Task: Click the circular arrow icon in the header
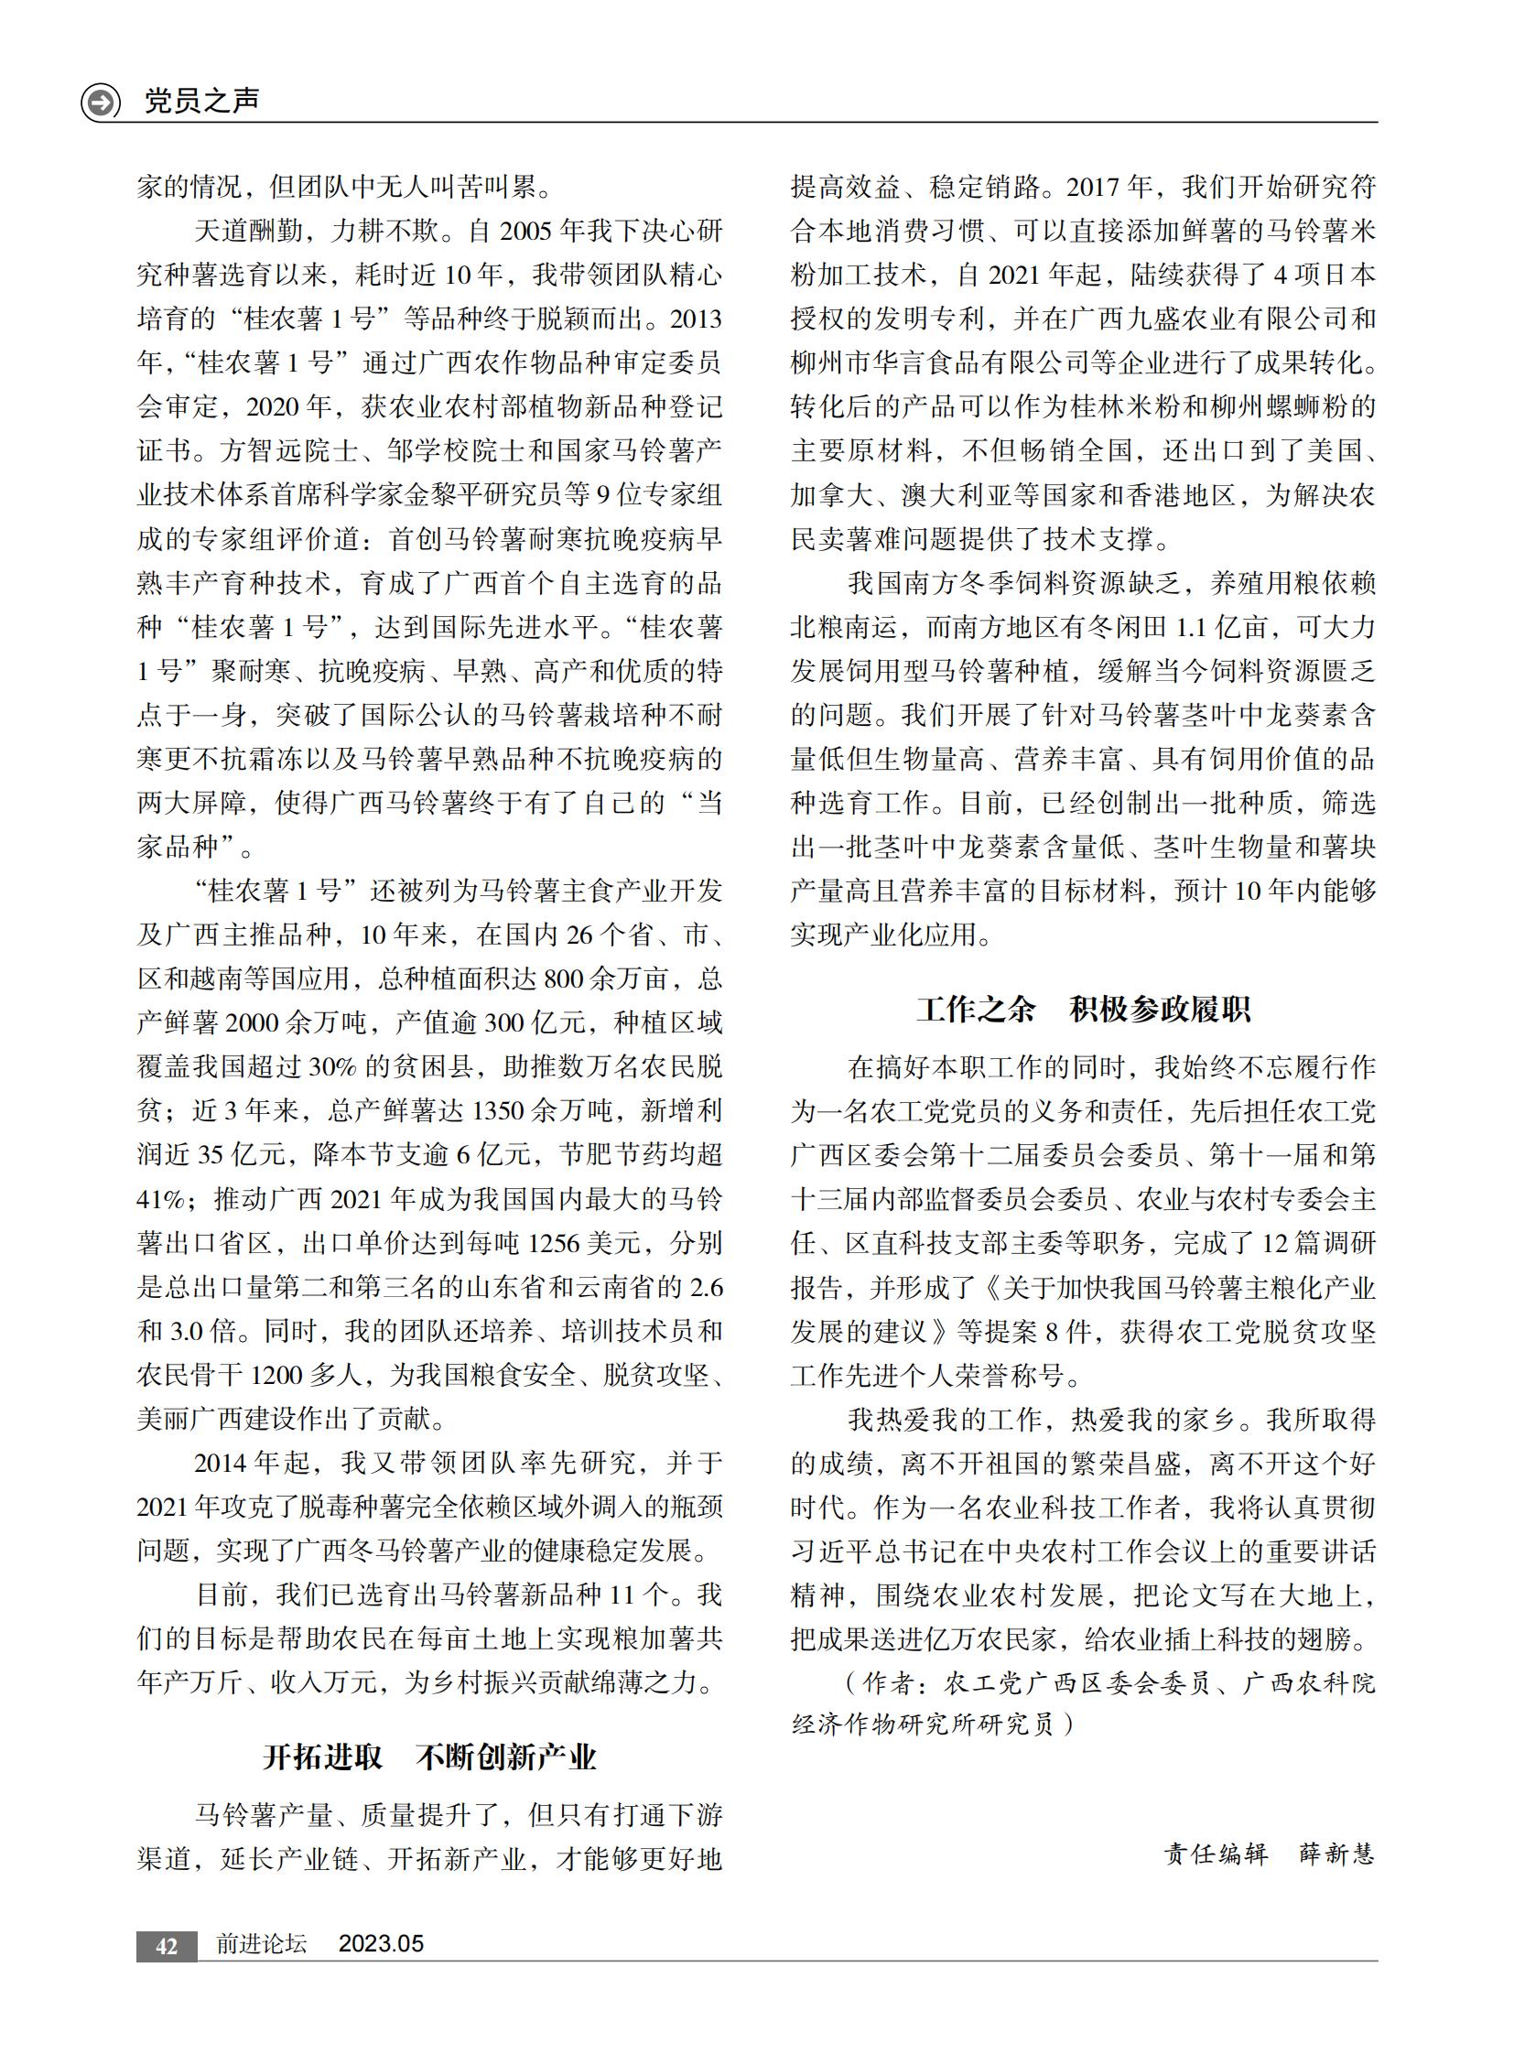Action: (100, 102)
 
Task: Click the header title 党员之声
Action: (201, 101)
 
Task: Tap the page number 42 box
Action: (166, 1945)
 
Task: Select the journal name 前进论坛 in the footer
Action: (261, 1944)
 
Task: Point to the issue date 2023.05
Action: (381, 1944)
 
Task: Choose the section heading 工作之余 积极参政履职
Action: (1083, 1009)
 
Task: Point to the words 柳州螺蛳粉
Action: (1307, 407)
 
